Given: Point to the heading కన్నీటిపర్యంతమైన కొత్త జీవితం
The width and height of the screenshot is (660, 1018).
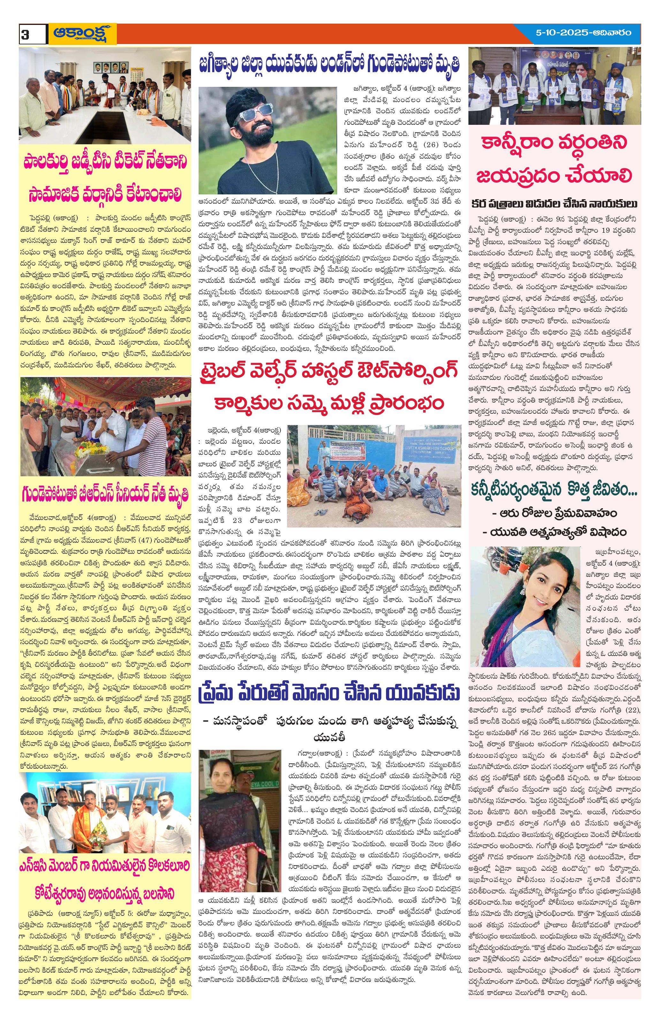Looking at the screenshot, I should (x=554, y=492).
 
